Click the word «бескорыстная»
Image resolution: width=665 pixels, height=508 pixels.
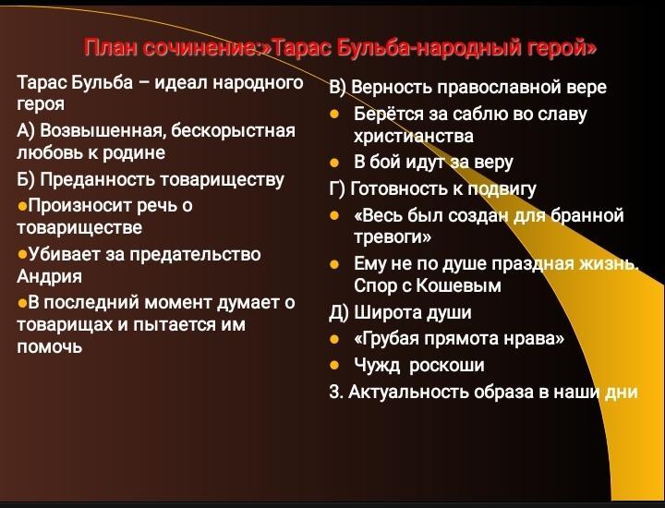[x=233, y=130]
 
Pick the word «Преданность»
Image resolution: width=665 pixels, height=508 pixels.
[x=98, y=179]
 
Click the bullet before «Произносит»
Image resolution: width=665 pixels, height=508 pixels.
[x=22, y=207]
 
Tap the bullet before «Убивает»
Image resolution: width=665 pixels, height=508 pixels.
[x=22, y=255]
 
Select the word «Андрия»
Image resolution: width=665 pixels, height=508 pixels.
[x=49, y=276]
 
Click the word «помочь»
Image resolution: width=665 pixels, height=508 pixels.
[x=49, y=347]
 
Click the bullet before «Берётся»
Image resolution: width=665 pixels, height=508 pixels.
[x=334, y=114]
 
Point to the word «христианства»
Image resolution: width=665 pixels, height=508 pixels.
[x=414, y=136]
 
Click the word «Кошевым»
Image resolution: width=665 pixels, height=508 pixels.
[x=458, y=285]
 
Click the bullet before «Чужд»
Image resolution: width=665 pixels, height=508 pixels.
[x=334, y=365]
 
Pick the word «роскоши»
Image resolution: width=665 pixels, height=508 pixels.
[x=447, y=366]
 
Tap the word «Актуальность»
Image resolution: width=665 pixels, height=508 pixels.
[x=409, y=392]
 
